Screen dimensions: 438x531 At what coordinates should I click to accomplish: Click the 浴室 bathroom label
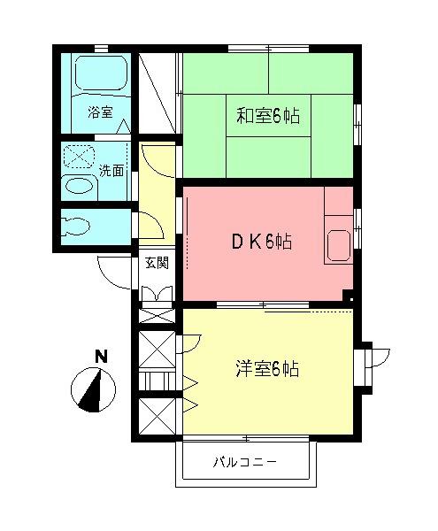click(x=100, y=112)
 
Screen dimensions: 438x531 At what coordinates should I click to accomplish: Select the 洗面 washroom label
click(x=111, y=171)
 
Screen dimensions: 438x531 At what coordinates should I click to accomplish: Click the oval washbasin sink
click(x=80, y=186)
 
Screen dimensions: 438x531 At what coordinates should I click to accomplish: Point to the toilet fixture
click(x=76, y=225)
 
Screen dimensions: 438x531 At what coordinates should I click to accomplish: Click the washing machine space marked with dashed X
click(x=79, y=157)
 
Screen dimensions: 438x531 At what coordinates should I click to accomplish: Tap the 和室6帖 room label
click(x=268, y=116)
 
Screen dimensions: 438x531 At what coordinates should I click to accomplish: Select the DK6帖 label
click(x=261, y=242)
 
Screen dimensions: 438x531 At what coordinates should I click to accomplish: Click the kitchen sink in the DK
click(x=339, y=246)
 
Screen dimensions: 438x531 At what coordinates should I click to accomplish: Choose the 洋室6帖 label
click(x=267, y=368)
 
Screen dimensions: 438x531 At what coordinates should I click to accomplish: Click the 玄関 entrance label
click(x=157, y=263)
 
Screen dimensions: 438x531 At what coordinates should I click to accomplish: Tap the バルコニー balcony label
click(x=245, y=462)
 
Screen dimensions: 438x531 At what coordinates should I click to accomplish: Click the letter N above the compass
click(x=101, y=357)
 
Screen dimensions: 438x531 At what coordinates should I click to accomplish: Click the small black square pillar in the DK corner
click(x=351, y=299)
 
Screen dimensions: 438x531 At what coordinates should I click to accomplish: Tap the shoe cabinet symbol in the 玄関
click(x=157, y=293)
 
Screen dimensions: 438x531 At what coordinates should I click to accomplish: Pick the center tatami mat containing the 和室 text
click(x=268, y=115)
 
